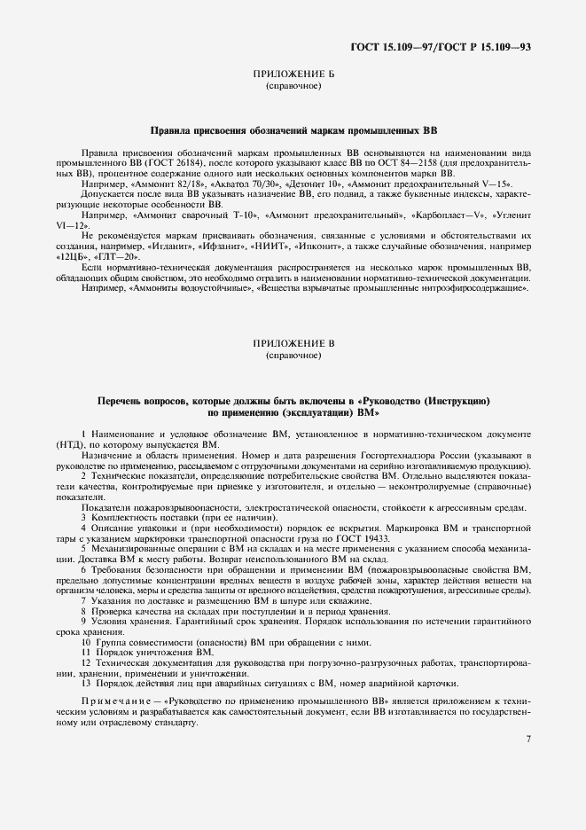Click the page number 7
(x=527, y=739)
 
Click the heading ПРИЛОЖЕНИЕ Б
(x=293, y=75)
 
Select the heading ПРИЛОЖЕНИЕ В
(x=293, y=342)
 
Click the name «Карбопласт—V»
(x=422, y=215)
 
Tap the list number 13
(x=85, y=683)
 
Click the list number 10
(x=85, y=642)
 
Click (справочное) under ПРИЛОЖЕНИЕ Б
(x=293, y=87)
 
